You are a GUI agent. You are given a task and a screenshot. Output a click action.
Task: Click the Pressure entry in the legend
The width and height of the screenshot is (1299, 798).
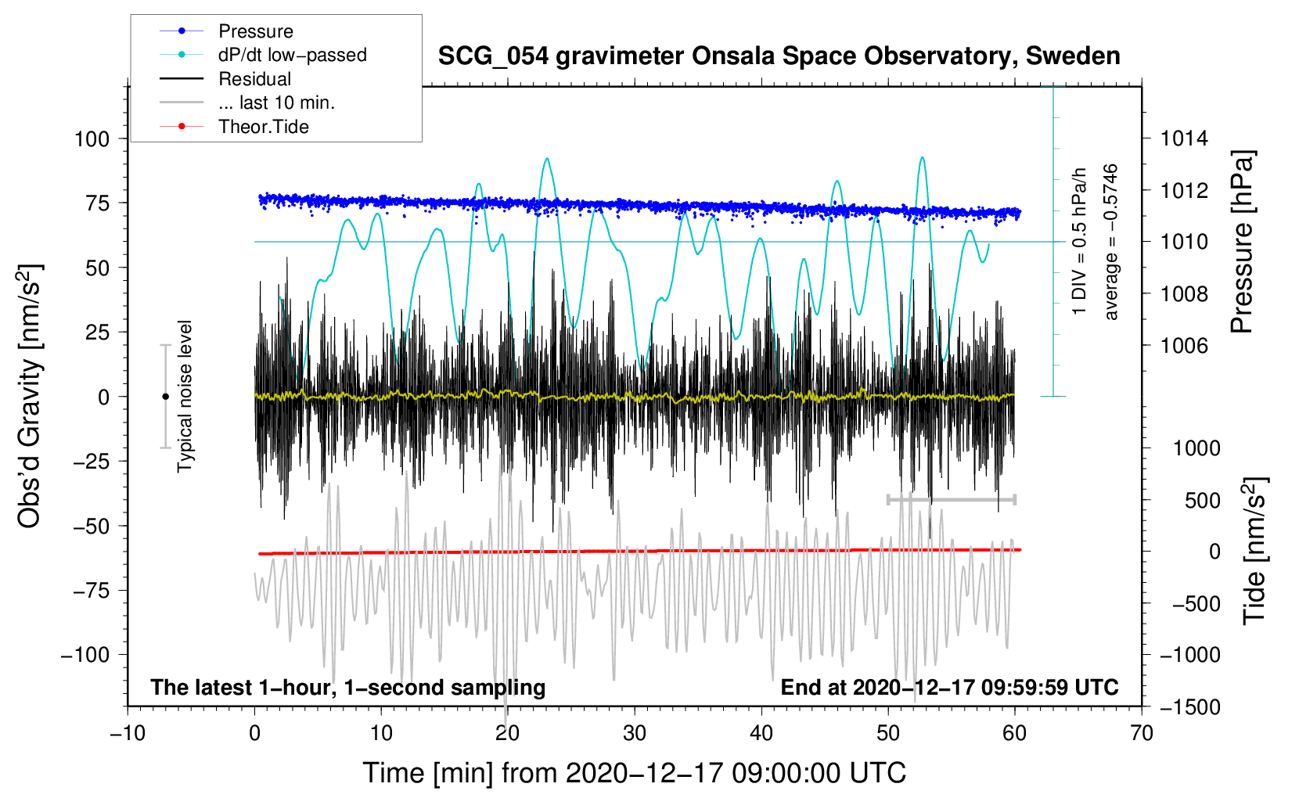(x=255, y=31)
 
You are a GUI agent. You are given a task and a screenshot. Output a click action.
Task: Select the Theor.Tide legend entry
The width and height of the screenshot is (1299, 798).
(x=263, y=127)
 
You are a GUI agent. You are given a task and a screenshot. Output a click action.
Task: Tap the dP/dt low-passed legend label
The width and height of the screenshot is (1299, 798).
(x=292, y=55)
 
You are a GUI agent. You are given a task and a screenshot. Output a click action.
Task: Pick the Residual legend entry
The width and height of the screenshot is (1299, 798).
(x=254, y=79)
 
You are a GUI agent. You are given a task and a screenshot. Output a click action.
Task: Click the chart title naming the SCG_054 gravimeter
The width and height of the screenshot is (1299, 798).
(x=779, y=56)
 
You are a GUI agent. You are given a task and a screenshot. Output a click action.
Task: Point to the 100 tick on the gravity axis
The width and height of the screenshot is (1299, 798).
(x=92, y=139)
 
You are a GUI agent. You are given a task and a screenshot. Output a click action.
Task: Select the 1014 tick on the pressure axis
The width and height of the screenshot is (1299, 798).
(x=1184, y=139)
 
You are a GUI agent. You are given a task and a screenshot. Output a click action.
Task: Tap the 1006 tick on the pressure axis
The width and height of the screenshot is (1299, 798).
(x=1184, y=345)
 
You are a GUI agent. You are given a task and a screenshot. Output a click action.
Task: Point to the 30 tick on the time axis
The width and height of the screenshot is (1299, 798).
(x=635, y=733)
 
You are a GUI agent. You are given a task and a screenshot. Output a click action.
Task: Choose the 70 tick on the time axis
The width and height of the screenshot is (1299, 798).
(x=1142, y=733)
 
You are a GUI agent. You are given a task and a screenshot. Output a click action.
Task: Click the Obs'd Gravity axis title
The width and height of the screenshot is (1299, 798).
(x=30, y=397)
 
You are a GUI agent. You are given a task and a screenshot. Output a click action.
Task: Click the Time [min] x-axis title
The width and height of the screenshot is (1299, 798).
(x=635, y=773)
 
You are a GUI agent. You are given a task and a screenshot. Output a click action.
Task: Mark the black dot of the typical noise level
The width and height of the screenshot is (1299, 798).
(x=165, y=397)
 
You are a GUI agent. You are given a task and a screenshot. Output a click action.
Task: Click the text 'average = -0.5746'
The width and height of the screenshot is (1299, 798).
(x=1111, y=243)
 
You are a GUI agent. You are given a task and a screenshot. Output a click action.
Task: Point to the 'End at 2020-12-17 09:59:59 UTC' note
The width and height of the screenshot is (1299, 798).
(x=949, y=687)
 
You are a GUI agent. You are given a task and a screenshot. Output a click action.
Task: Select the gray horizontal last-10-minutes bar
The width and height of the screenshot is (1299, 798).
(x=951, y=499)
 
